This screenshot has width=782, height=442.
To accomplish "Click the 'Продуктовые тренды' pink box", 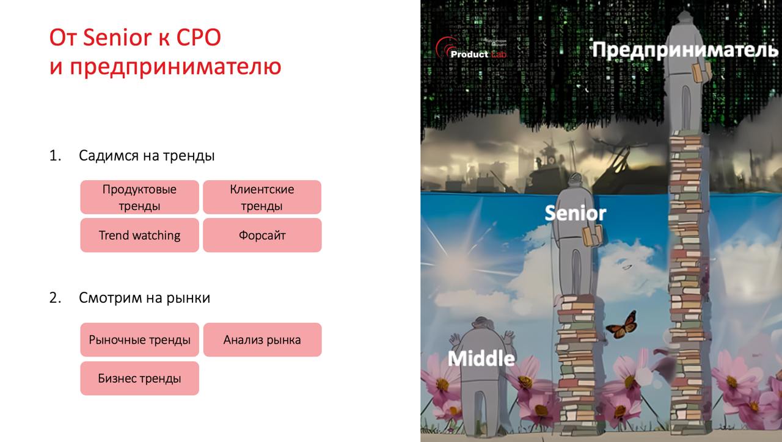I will tap(139, 197).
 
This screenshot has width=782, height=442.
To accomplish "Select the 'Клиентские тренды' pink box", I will tap(261, 197).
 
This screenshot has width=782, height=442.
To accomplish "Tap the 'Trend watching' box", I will tap(139, 235).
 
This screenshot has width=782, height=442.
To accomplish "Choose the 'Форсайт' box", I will tap(261, 235).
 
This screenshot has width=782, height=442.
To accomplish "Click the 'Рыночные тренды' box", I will tap(139, 340).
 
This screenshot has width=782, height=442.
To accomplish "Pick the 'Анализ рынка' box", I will tap(261, 340).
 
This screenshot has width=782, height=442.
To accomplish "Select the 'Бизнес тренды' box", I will tap(139, 379).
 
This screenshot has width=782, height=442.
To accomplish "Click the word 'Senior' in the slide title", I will tap(117, 38).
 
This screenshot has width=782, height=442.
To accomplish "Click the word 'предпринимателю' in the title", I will tap(175, 66).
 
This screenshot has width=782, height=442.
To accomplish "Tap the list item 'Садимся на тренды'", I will tap(147, 156).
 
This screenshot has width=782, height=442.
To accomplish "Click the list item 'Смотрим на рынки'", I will tap(144, 298).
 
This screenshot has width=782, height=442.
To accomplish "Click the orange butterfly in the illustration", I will tap(622, 325).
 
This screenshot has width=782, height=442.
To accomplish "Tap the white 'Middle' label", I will tap(481, 358).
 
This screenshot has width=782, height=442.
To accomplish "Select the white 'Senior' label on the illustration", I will tap(575, 213).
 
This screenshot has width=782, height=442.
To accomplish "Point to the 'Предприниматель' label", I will tap(685, 50).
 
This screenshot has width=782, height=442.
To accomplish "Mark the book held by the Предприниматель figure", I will tap(701, 73).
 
